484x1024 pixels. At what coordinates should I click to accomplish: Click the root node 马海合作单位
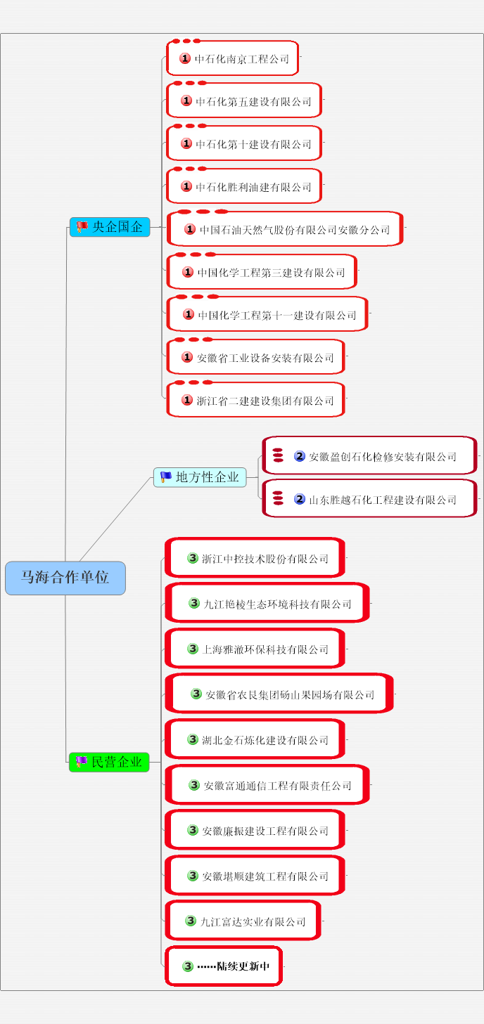(x=65, y=578)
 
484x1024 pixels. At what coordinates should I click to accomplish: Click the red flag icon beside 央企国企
(x=82, y=227)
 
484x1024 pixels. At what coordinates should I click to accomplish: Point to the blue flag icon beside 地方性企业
(x=166, y=477)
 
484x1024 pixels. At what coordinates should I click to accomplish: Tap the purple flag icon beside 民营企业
(x=82, y=762)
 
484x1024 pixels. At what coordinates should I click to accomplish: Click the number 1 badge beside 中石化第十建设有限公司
(x=186, y=144)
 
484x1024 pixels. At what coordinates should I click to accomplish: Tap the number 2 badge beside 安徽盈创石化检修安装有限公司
(x=300, y=456)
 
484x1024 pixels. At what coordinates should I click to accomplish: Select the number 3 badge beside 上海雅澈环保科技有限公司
(x=193, y=649)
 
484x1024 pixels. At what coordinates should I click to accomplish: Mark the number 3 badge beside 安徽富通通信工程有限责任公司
(x=194, y=785)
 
